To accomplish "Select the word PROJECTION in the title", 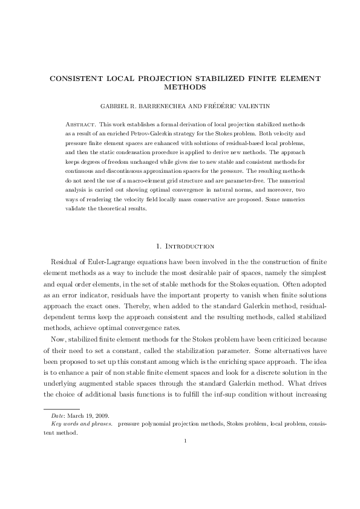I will tap(171, 79).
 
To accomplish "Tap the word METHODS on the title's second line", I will tap(180, 86).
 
